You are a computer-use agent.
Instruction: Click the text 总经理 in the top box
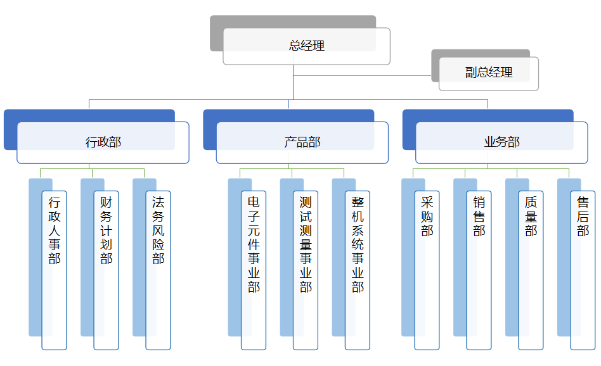pyautogui.click(x=307, y=46)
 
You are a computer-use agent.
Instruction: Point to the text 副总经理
pyautogui.click(x=489, y=73)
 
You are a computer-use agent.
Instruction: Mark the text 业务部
pyautogui.click(x=501, y=142)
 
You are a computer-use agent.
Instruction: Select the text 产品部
pyautogui.click(x=302, y=142)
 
